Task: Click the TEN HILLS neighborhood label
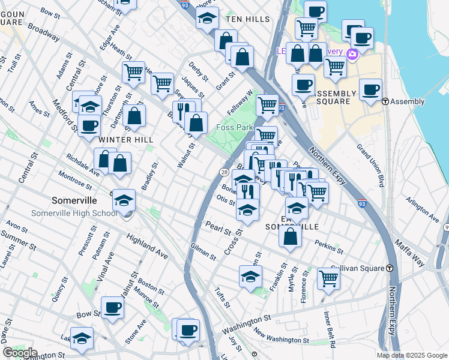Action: click(x=248, y=19)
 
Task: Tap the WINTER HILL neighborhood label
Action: click(x=126, y=139)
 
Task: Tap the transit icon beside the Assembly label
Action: click(x=385, y=101)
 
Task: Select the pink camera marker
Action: click(x=352, y=55)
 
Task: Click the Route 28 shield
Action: click(x=223, y=173)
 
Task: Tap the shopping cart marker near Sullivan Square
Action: click(x=329, y=277)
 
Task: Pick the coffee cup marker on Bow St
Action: click(x=112, y=307)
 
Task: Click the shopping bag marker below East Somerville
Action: click(x=291, y=236)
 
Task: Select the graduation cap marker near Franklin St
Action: click(x=250, y=277)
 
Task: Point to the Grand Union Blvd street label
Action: click(x=370, y=164)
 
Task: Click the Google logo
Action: click(x=20, y=353)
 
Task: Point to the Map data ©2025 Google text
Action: click(x=411, y=355)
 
